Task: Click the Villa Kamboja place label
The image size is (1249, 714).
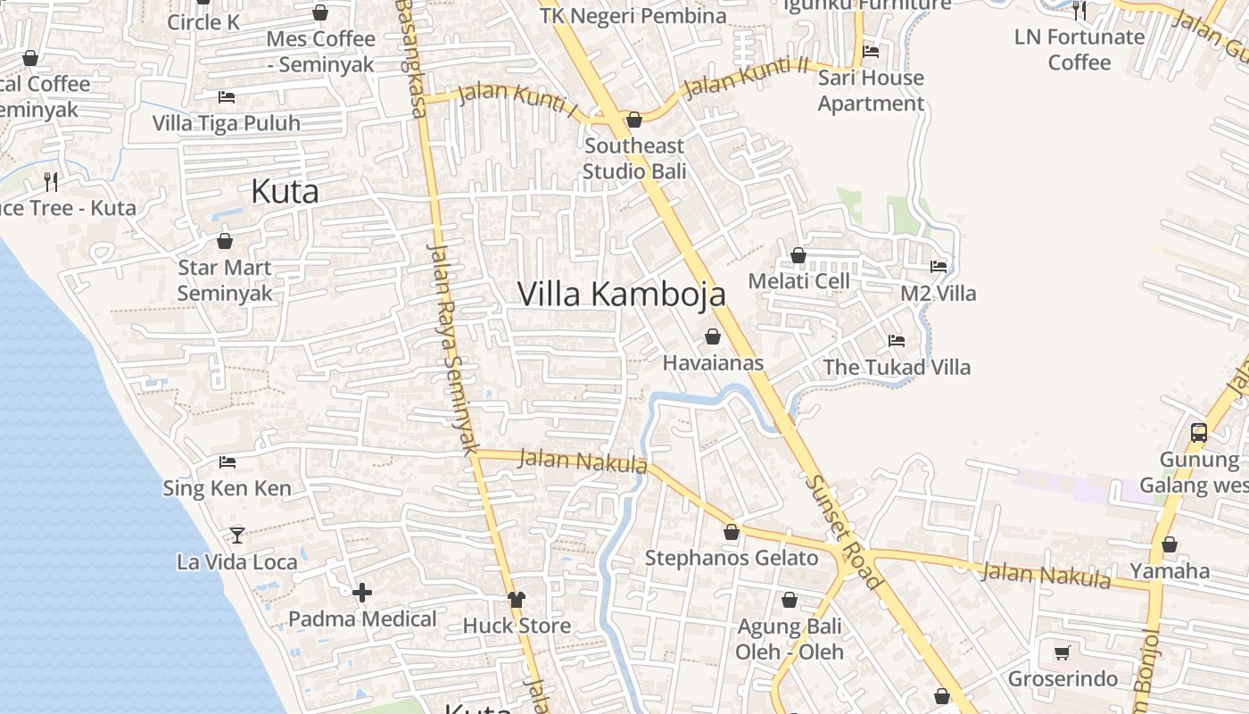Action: coord(621,294)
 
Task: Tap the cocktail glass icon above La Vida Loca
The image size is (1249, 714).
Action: coord(237,535)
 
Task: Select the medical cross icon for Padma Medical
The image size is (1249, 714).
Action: coord(362,593)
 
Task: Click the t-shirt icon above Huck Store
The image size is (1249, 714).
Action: coord(517,599)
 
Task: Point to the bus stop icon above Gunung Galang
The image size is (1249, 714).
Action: coord(1199,433)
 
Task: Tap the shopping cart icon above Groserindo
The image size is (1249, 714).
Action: coord(1062,653)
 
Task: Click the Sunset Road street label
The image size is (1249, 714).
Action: coord(844,532)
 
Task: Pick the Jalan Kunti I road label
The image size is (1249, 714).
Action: coord(517,100)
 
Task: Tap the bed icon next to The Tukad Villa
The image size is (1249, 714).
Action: coord(897,341)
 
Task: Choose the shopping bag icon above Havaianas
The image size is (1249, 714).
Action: coord(713,336)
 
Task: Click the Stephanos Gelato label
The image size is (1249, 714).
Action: coord(732,559)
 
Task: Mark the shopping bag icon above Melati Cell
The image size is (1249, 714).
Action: coord(798,255)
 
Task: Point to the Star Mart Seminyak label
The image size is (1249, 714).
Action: coord(225,280)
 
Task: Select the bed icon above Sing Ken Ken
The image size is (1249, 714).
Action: coord(227,462)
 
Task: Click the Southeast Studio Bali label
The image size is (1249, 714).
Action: coord(634,158)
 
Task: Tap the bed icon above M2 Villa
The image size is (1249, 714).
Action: coord(939,266)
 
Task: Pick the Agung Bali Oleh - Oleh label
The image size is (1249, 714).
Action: coord(790,639)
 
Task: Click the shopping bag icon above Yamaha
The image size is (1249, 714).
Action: coord(1170,544)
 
